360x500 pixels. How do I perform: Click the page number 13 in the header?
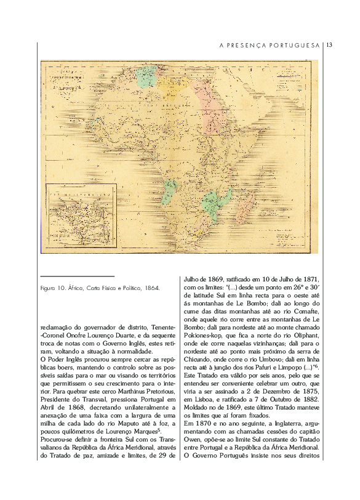[x=329, y=45]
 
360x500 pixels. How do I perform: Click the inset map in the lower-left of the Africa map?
[x=73, y=218]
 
